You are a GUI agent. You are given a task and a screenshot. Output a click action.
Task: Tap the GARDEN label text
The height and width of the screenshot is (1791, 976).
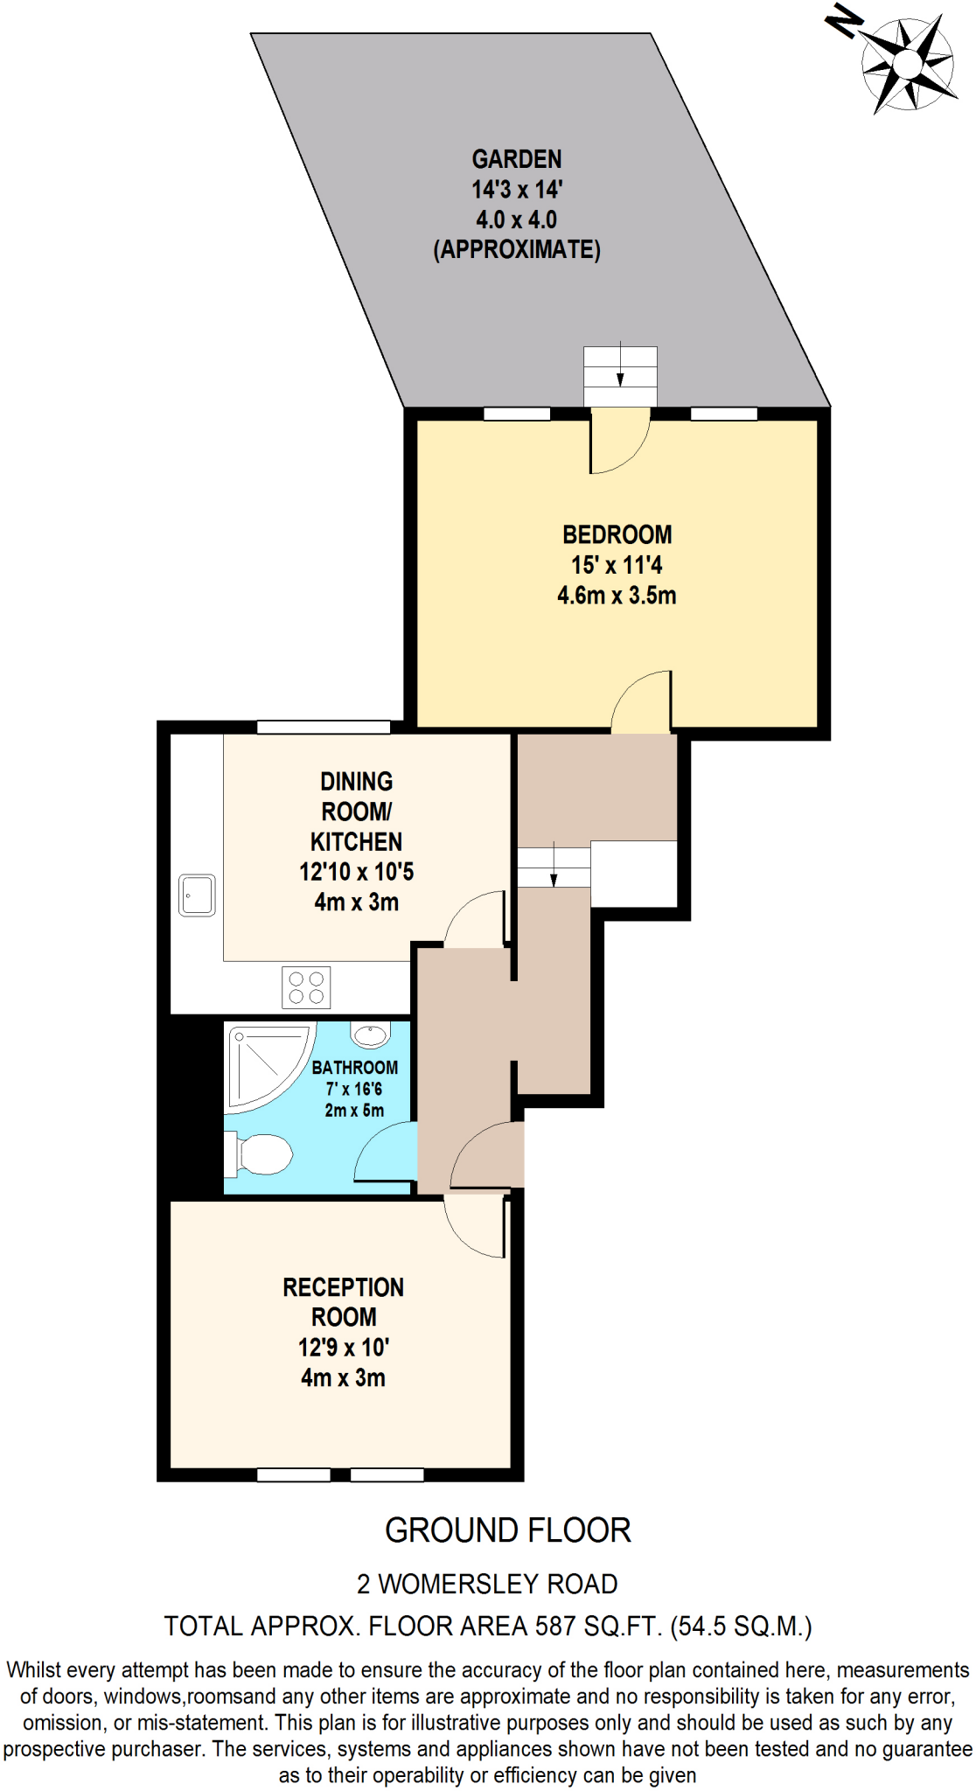517,159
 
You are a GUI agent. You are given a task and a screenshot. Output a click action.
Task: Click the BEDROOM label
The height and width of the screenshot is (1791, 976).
617,534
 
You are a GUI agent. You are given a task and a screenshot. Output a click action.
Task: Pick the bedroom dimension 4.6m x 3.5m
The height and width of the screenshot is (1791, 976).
617,596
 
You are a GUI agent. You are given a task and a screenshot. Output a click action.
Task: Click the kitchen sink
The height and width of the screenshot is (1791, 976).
197,895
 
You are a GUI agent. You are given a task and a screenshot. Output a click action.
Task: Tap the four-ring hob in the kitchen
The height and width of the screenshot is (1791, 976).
306,987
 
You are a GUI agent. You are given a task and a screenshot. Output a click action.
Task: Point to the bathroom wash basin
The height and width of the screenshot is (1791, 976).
370,1035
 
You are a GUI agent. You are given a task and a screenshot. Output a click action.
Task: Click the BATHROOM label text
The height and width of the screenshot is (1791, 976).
354,1068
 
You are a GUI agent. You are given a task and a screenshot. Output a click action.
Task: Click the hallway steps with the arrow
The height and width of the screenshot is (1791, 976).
553,868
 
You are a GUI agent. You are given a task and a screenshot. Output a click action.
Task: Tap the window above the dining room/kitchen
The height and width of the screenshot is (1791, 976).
323,728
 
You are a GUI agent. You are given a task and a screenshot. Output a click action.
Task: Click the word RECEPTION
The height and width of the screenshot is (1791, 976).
343,1287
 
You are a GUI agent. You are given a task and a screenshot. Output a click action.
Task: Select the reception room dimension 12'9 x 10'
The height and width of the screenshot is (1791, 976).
343,1348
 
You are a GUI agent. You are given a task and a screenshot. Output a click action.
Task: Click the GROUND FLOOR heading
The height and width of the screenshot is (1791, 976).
507,1530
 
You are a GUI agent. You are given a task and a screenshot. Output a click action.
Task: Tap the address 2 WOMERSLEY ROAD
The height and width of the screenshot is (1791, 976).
487,1584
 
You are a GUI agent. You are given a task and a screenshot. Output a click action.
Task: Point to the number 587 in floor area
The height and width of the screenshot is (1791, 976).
555,1627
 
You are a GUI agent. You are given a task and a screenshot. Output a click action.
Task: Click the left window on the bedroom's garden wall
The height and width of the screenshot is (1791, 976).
516,414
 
